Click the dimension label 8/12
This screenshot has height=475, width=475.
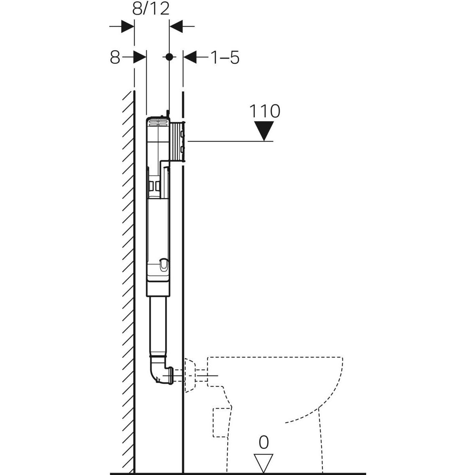(151, 8)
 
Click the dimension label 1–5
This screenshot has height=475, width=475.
(224, 58)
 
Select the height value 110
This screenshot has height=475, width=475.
(264, 112)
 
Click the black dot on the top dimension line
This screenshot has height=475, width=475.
(169, 57)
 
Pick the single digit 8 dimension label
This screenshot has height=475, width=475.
(115, 58)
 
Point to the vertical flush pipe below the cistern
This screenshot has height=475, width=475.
(158, 325)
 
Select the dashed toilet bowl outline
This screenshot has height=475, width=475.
(277, 392)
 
